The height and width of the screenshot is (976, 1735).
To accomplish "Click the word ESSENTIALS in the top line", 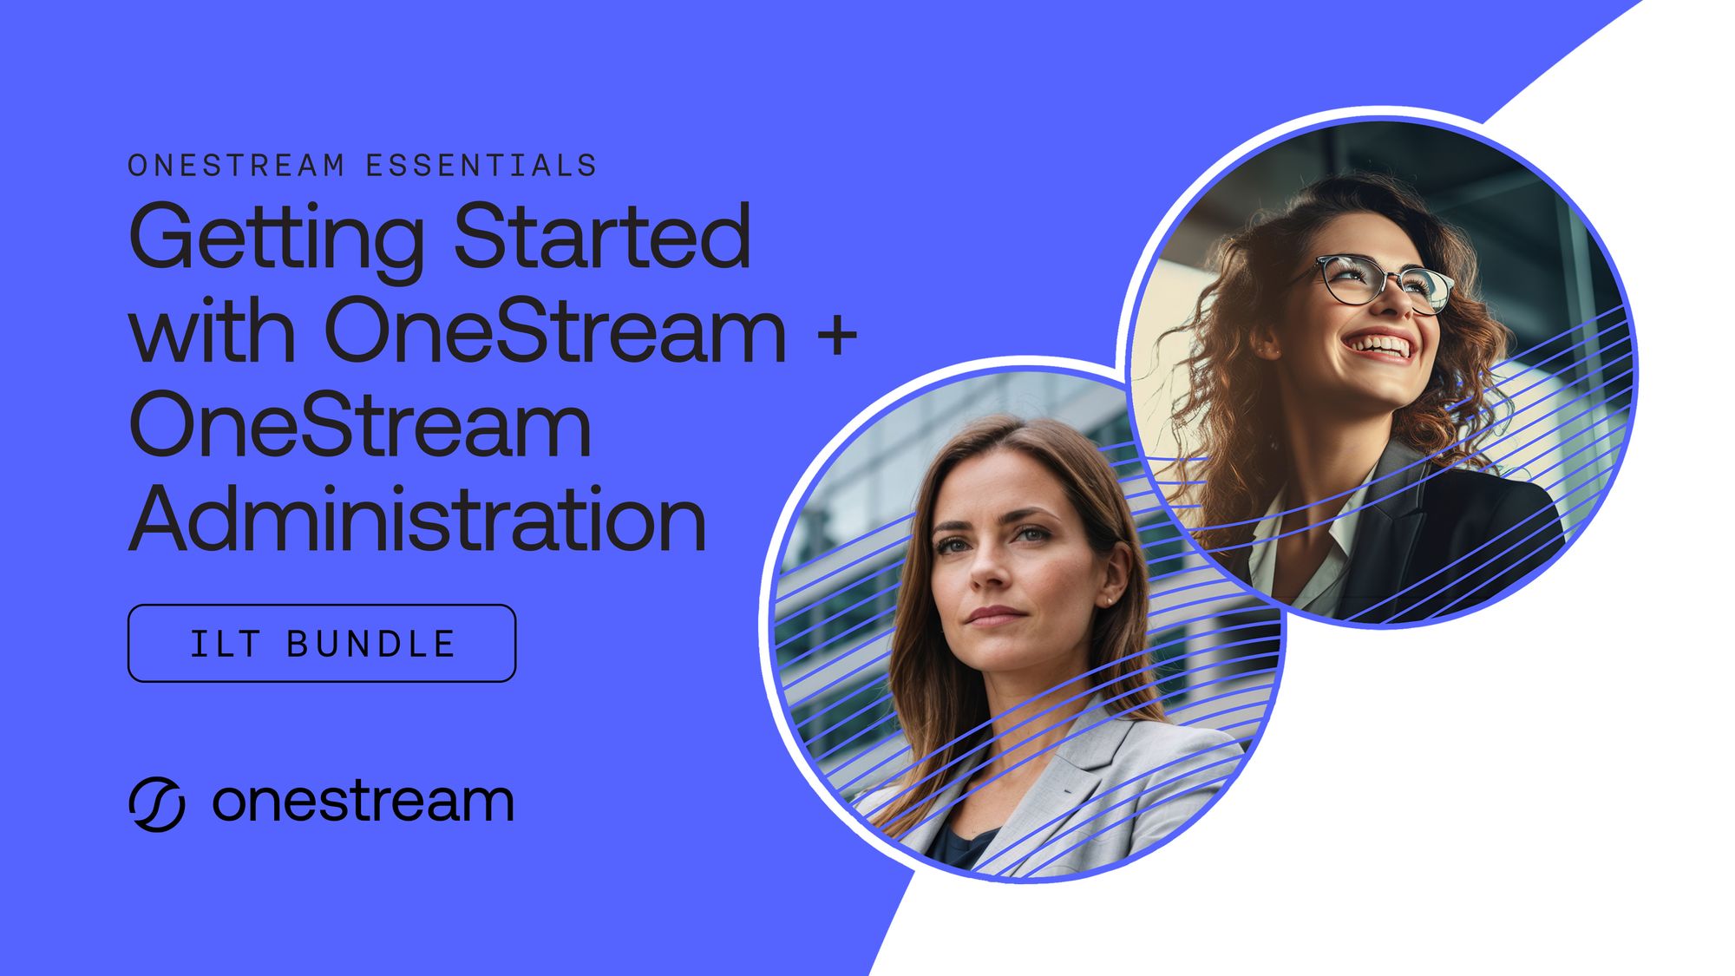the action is coord(481,165).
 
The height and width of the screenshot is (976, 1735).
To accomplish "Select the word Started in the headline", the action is coord(602,235).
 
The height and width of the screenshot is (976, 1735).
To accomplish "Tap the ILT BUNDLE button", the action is coord(322,643).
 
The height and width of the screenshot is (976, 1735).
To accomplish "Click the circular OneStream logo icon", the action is coord(157,804).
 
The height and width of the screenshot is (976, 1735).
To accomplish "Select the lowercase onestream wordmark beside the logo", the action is coord(363,802).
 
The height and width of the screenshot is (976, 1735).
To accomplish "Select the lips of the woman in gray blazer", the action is coord(995,616).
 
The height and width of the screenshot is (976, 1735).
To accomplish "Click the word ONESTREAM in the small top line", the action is coord(237,165).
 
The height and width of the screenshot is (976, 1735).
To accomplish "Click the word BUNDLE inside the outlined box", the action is coord(370,644).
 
